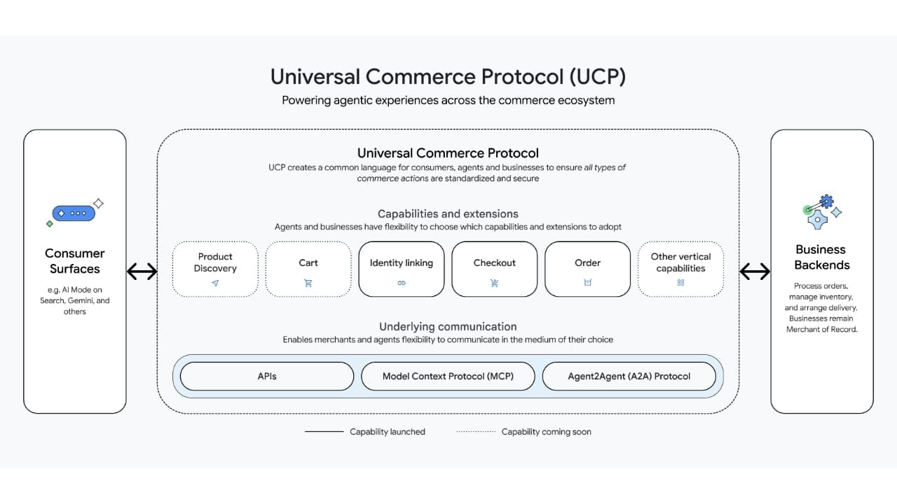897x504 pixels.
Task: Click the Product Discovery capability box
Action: click(215, 269)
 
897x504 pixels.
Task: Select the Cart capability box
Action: click(308, 269)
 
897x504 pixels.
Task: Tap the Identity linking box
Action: click(402, 269)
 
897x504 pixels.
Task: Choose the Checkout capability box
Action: click(495, 269)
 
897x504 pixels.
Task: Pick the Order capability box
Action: click(587, 269)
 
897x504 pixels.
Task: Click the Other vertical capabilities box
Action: click(680, 269)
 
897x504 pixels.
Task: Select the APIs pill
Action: click(267, 376)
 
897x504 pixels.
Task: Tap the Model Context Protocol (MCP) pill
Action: click(448, 376)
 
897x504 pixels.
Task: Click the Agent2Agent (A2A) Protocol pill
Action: click(629, 376)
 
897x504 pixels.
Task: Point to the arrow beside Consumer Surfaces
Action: click(142, 271)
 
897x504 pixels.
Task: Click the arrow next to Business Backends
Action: click(755, 271)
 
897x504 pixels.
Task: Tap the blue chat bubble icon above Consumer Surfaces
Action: click(73, 213)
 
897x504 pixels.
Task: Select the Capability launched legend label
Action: click(388, 432)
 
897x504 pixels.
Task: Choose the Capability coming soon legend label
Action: click(546, 432)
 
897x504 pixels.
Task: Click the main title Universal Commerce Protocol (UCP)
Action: click(448, 76)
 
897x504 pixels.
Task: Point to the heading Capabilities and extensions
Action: click(448, 214)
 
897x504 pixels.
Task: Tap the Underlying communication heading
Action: click(448, 327)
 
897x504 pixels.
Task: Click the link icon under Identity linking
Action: click(402, 283)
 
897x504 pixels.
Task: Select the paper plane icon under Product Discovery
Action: click(215, 283)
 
